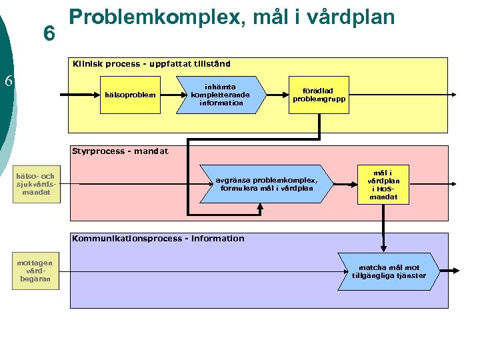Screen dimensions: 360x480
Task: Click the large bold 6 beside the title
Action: pos(48,33)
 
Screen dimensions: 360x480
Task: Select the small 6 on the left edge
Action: pos(9,81)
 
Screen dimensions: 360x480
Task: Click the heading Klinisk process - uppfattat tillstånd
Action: pos(151,64)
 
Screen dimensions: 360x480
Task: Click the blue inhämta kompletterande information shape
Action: pos(221,95)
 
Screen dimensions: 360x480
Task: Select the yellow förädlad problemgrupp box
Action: pos(319,95)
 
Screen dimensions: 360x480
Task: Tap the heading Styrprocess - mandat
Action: pos(120,151)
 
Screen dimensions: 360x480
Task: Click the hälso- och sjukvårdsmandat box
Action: pos(36,184)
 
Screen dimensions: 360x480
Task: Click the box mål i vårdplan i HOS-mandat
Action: pos(383,183)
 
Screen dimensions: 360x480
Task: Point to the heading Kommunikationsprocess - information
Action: pos(158,239)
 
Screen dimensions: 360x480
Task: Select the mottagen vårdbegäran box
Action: pos(35,271)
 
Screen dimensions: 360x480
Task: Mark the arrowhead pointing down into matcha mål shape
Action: pos(383,249)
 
